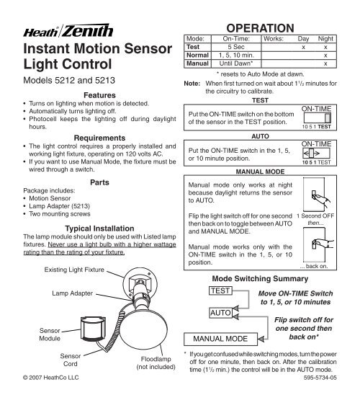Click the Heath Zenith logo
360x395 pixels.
tap(68, 31)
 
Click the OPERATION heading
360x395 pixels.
tap(260, 28)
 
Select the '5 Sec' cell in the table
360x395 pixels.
tap(236, 47)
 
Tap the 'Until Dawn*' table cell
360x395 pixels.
tap(236, 63)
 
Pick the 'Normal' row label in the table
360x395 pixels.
tap(197, 56)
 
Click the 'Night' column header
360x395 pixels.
tap(325, 39)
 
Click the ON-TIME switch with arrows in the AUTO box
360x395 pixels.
tap(316, 153)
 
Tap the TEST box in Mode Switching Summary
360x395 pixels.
tap(220, 290)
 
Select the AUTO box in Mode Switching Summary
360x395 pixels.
tap(220, 313)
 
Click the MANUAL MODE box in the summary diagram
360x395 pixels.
tap(220, 339)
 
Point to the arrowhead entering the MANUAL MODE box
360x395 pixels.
tap(261, 339)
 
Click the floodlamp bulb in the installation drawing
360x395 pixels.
tap(143, 330)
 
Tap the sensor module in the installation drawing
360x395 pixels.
tap(93, 329)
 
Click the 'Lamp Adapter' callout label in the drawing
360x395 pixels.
tap(73, 293)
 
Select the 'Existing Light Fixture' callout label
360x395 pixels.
tap(74, 270)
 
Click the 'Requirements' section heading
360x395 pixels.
tap(99, 138)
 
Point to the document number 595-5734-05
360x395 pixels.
tap(320, 378)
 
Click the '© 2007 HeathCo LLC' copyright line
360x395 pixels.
tap(51, 378)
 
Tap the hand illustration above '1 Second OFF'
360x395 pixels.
tap(320, 197)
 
